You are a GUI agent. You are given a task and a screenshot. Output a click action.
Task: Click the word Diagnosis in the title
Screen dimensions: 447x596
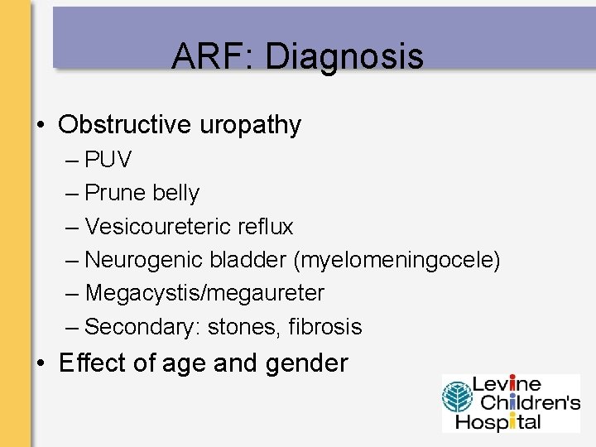point(344,56)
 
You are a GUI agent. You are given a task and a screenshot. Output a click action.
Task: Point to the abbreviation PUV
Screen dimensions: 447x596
point(108,159)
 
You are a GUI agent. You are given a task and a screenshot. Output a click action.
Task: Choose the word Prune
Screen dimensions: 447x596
point(113,193)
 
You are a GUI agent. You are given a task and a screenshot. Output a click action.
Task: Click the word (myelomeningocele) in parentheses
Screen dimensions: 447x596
point(397,260)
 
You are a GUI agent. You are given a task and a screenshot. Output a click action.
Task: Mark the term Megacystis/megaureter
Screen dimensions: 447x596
point(204,293)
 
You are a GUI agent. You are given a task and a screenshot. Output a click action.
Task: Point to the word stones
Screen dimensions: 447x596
point(244,327)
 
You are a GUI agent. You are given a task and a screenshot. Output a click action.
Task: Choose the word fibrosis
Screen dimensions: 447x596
point(325,327)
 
